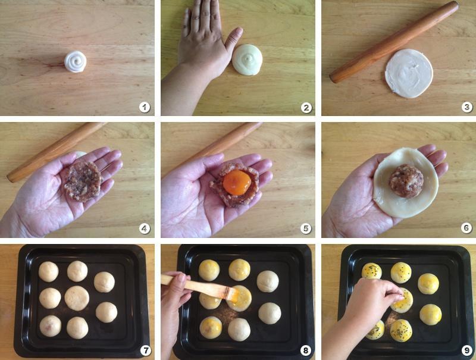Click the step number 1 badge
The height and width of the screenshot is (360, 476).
coord(143,107)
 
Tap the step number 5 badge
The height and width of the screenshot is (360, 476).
coord(306,228)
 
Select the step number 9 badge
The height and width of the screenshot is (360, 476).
coord(466,350)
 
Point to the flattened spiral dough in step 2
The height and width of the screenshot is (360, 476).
coord(247,60)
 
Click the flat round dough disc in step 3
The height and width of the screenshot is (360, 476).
coord(409,73)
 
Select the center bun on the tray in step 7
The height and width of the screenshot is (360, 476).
coord(77,298)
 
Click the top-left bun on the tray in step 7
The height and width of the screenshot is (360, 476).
coord(48,271)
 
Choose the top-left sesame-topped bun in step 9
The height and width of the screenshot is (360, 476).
coord(372,271)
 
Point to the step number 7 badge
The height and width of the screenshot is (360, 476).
coord(145,350)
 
